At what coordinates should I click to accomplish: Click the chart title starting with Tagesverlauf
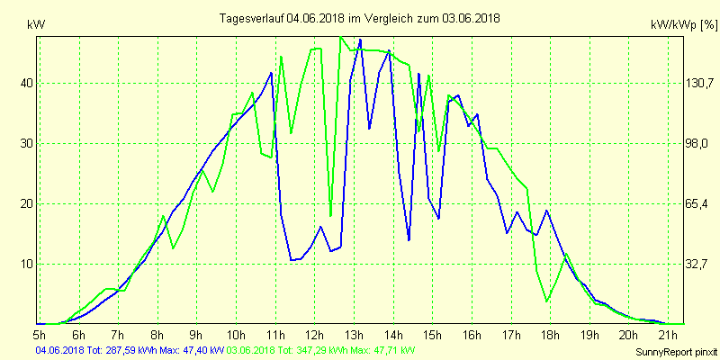click(360, 18)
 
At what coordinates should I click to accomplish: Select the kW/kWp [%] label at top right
click(682, 25)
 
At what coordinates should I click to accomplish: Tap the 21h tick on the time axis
click(667, 336)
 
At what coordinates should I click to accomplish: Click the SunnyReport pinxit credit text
click(676, 351)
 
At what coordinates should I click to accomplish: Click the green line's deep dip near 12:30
click(331, 216)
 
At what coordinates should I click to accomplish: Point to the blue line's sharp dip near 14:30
click(409, 240)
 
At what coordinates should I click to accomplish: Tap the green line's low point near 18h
click(546, 301)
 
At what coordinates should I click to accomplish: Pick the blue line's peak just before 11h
click(271, 72)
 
